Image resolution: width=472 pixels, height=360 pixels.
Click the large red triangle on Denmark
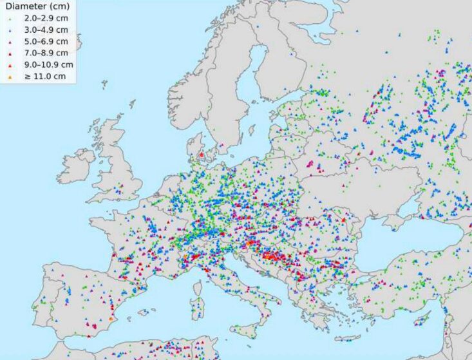tap(202, 155)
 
